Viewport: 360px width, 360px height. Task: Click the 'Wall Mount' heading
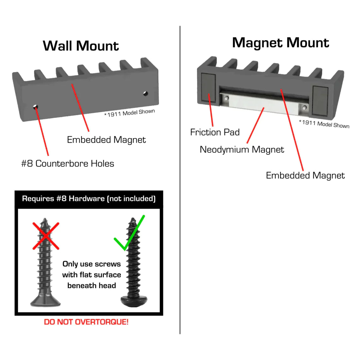click(81, 46)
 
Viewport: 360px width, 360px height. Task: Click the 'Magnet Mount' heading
click(280, 43)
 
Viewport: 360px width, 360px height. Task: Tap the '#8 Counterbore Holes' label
click(68, 164)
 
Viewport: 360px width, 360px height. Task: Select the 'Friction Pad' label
click(215, 132)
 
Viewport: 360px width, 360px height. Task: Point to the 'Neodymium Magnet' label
click(242, 150)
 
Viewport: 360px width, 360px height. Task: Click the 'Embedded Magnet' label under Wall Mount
click(106, 140)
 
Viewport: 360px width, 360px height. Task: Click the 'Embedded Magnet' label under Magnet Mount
click(305, 176)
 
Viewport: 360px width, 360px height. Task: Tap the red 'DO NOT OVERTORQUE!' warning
click(86, 322)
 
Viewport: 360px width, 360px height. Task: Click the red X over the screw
click(46, 236)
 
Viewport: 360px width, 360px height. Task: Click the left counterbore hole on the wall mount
click(36, 107)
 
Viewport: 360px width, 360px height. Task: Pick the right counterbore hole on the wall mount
click(146, 93)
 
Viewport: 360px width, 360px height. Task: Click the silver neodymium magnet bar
click(264, 103)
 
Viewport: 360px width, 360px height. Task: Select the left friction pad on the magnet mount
click(208, 88)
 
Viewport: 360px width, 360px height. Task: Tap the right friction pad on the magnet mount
click(320, 100)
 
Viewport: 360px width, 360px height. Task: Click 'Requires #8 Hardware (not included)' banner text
click(89, 199)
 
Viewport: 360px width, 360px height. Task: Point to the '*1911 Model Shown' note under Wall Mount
click(129, 113)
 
